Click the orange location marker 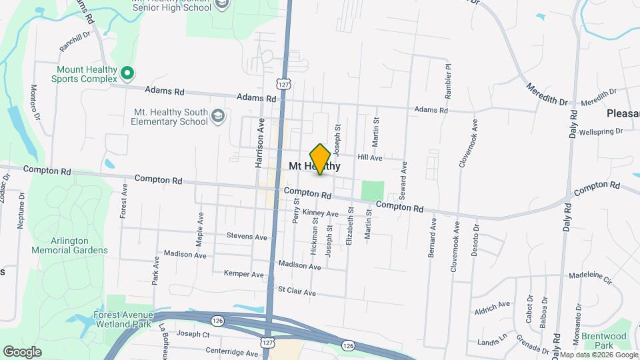pos(320,159)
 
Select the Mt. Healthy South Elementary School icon pos(217,117)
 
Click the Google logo pos(22,351)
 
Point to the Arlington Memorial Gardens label pos(69,245)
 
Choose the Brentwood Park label pos(603,341)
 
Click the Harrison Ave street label pos(260,143)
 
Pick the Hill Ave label pos(369,158)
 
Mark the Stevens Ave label pos(247,237)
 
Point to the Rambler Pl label pos(448,81)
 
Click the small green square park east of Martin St pos(373,190)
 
